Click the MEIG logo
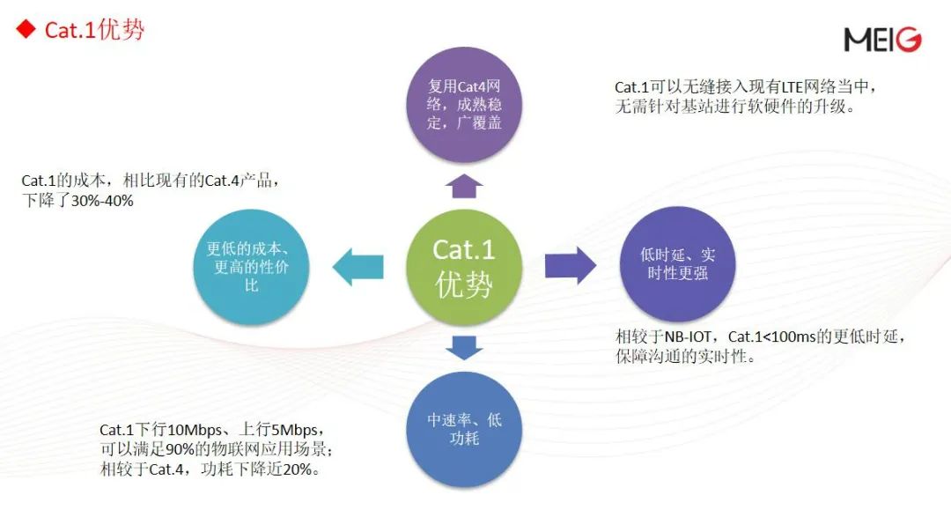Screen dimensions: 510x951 point(882,40)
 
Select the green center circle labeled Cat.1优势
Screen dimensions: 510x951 point(464,266)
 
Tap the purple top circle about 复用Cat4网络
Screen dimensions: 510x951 point(464,104)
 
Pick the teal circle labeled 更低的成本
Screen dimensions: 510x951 point(251,266)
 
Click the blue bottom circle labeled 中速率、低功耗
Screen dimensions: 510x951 point(464,429)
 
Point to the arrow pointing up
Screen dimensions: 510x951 point(464,184)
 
